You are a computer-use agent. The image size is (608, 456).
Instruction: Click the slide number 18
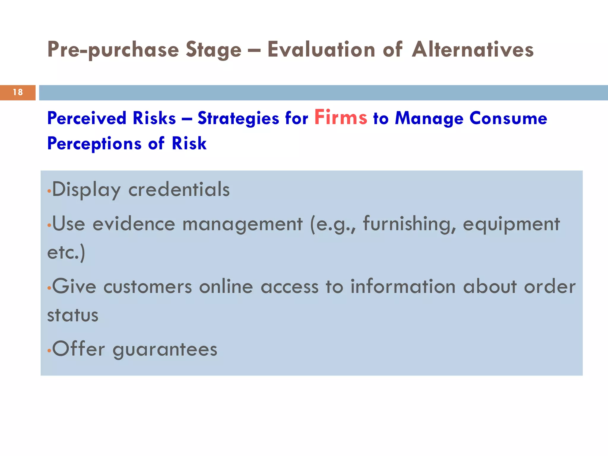(x=18, y=92)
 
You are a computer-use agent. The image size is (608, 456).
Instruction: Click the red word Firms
(x=341, y=118)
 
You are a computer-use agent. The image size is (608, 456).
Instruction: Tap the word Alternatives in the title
(x=473, y=49)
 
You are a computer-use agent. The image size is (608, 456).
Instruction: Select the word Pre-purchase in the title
(x=113, y=50)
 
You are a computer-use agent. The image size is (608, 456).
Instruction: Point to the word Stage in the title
(x=213, y=50)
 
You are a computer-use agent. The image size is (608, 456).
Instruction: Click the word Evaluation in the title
(x=321, y=49)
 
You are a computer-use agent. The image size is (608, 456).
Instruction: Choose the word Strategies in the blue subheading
(x=238, y=118)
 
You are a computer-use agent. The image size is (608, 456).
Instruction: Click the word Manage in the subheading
(x=429, y=118)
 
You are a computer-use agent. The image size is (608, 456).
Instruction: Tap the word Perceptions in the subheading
(x=94, y=144)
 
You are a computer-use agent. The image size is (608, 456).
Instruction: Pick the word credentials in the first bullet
(x=179, y=189)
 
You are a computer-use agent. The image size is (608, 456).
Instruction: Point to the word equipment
(x=511, y=224)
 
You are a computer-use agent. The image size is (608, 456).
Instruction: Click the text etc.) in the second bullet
(x=66, y=252)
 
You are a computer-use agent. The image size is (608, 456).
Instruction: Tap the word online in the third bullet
(x=226, y=287)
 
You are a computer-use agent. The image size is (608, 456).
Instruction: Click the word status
(x=73, y=315)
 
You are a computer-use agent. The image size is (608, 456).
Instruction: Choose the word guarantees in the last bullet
(x=165, y=349)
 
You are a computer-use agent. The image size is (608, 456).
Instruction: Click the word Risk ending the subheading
(x=189, y=144)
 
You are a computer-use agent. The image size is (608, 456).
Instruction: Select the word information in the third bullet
(x=403, y=287)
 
